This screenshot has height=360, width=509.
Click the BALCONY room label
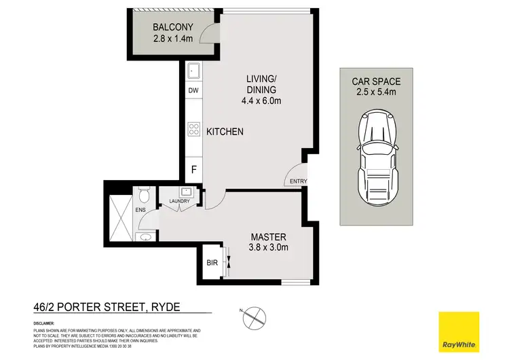tap(173, 28)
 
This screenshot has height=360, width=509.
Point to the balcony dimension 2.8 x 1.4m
tap(173, 39)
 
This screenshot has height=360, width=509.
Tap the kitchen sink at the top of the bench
tap(193, 71)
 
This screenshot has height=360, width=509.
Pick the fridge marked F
tap(193, 170)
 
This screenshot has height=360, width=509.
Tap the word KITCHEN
tap(225, 132)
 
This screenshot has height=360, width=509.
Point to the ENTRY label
tap(298, 181)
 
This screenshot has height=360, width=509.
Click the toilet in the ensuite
tap(143, 196)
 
